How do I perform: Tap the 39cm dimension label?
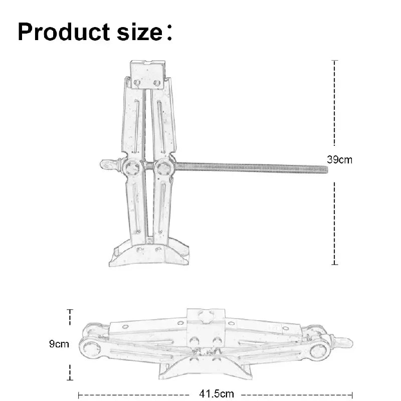point(340,160)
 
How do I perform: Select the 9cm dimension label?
point(59,344)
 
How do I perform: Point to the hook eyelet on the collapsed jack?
point(345,343)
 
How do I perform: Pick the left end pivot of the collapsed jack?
point(91,345)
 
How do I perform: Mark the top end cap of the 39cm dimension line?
point(335,61)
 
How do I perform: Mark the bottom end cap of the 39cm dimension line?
point(335,264)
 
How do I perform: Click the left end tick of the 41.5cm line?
point(79,394)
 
